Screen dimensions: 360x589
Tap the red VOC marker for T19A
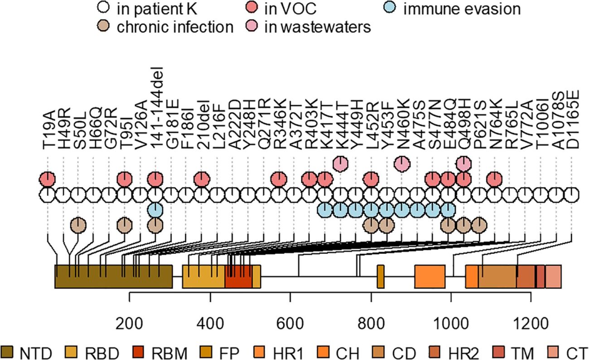coord(47,179)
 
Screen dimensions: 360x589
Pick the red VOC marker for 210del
coord(201,179)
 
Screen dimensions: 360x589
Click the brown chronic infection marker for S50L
coord(78,225)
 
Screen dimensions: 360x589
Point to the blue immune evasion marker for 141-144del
coord(155,210)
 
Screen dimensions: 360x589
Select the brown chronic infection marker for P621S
coord(479,225)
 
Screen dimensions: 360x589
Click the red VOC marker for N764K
coord(494,179)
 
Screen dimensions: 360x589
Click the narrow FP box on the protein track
coord(381,276)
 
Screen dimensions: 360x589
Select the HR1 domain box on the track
coord(430,276)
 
